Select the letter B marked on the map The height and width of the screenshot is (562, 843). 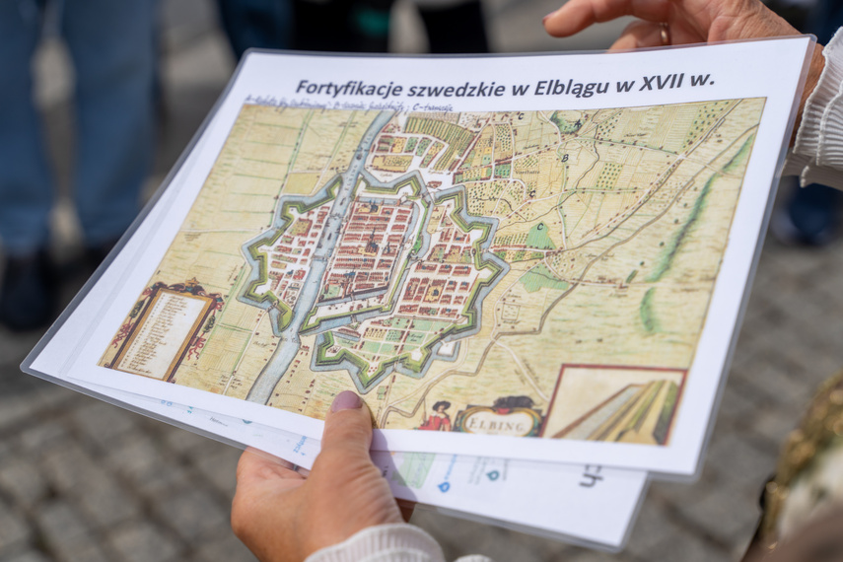click(x=565, y=158)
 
